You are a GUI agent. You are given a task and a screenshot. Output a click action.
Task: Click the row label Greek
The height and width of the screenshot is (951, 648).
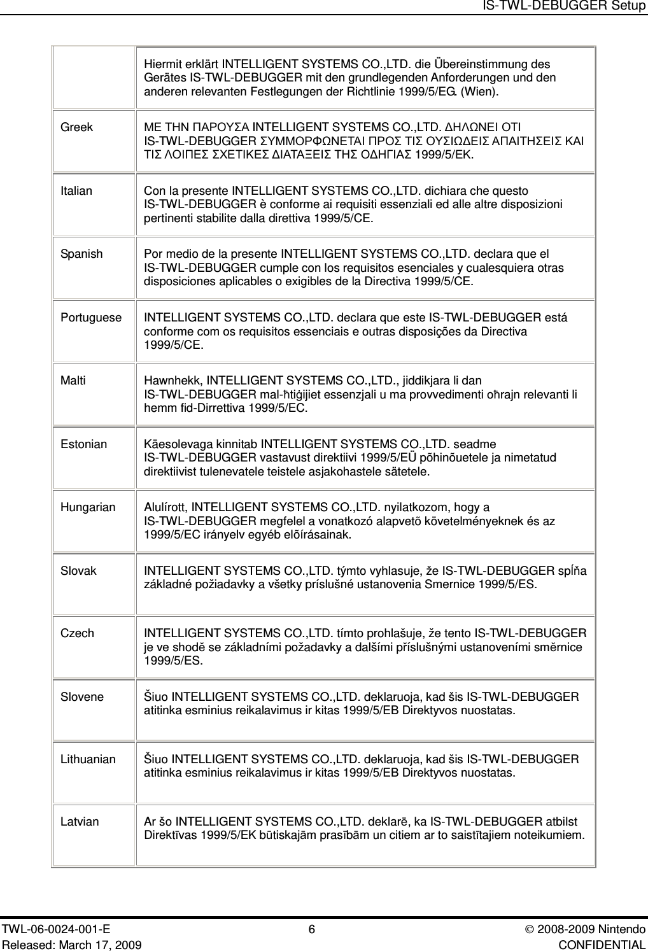tap(76, 127)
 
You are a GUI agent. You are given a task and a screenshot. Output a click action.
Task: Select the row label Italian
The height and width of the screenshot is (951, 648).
tap(76, 191)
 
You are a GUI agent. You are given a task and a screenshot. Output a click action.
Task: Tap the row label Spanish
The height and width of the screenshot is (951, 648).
tap(81, 254)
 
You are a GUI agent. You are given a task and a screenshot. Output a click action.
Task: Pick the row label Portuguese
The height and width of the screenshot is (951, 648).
tap(90, 317)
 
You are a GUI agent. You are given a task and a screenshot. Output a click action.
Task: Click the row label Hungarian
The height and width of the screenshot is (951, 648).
tap(88, 507)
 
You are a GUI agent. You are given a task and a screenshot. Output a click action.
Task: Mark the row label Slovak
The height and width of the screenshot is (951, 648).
tap(78, 570)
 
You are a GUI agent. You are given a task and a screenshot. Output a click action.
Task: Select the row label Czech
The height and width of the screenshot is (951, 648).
tap(77, 633)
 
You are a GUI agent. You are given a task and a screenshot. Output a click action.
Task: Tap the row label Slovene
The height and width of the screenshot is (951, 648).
tap(81, 696)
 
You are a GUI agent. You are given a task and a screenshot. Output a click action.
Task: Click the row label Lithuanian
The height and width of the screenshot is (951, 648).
tap(88, 759)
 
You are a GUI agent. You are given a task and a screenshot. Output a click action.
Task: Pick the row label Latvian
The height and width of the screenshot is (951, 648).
tap(80, 822)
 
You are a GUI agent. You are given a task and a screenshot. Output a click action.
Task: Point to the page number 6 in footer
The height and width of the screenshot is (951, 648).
tap(311, 930)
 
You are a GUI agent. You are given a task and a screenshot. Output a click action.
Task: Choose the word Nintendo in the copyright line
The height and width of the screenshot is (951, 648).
tap(624, 930)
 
